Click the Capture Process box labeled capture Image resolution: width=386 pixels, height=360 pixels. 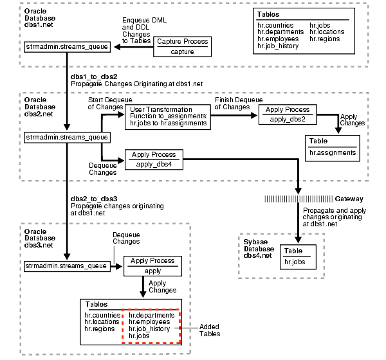pos(182,47)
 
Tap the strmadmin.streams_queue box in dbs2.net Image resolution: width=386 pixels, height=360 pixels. pos(66,137)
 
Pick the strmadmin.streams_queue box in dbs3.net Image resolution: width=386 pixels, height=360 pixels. pos(66,265)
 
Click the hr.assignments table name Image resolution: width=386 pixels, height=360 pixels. pos(333,152)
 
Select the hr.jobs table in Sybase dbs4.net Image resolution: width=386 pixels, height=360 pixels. pos(298,262)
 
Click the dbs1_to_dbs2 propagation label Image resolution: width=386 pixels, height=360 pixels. pos(95,76)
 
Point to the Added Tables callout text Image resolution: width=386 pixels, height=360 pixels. pos(210,330)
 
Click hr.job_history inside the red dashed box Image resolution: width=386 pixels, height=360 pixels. pos(150,328)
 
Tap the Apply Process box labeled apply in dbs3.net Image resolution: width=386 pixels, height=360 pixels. pos(152,266)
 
